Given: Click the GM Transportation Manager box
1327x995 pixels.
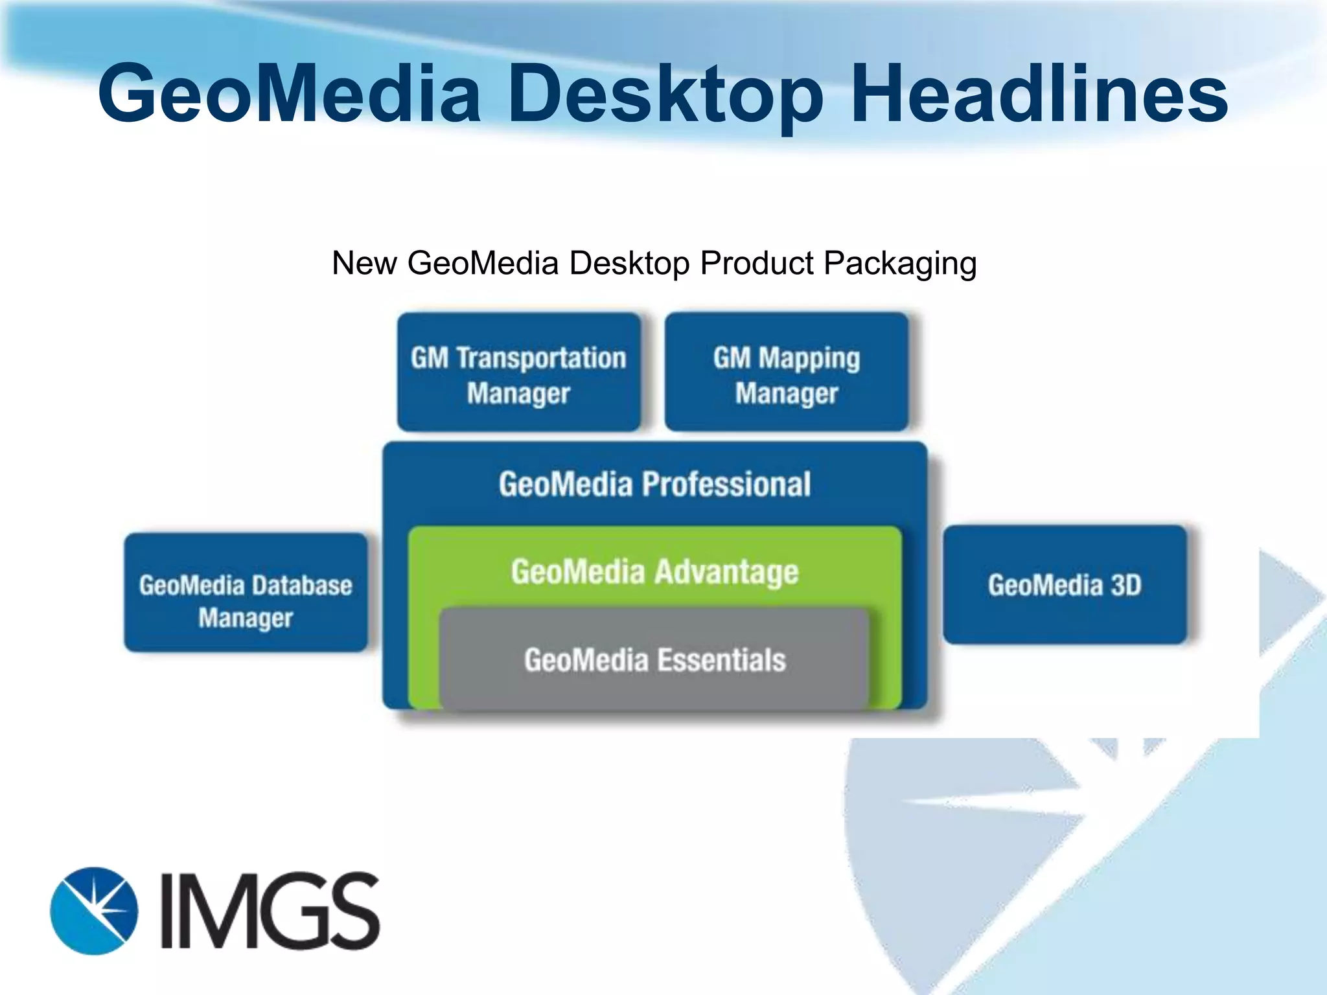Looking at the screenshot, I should (518, 372).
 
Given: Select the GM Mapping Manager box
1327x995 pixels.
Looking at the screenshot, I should (786, 372).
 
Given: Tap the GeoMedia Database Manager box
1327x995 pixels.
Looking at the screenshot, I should (246, 592).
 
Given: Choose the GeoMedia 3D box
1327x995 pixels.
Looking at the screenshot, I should (1065, 584).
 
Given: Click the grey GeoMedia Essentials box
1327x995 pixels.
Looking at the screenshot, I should (654, 659).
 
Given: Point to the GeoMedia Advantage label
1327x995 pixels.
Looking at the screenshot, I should (654, 572).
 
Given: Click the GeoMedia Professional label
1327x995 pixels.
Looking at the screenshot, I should (654, 484).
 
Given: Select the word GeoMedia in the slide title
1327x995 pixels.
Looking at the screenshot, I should (289, 94).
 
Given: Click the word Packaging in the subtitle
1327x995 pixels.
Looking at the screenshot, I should (900, 264).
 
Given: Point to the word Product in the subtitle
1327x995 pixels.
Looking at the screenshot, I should (756, 264).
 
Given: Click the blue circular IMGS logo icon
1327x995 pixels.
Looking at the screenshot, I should (94, 910).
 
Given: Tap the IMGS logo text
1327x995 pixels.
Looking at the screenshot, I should (269, 910).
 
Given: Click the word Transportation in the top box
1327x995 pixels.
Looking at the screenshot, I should (542, 358).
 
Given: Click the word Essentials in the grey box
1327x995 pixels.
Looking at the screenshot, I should (721, 659).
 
